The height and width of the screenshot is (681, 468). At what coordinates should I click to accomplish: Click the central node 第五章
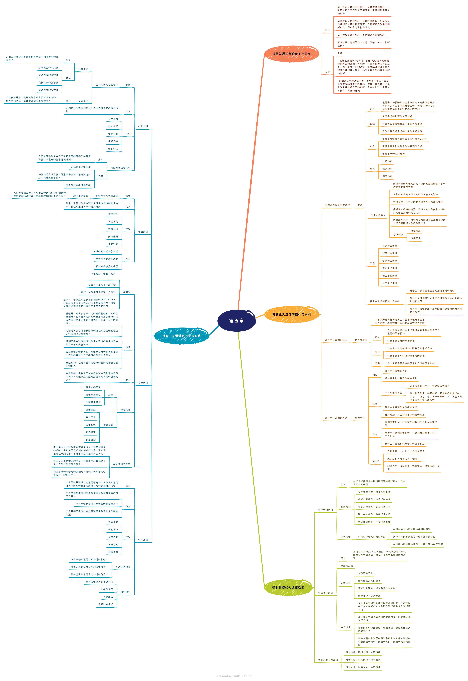click(x=236, y=321)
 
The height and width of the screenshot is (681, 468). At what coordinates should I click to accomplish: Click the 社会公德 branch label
click(x=143, y=126)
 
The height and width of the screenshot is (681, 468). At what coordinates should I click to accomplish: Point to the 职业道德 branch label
click(x=143, y=232)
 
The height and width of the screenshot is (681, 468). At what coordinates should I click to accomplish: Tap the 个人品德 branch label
click(x=143, y=540)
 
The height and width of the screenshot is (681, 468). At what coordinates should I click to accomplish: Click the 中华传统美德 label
click(x=326, y=510)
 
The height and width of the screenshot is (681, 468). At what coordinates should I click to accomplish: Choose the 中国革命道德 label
click(x=326, y=593)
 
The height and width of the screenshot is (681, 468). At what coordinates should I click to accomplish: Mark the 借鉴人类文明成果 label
click(x=328, y=660)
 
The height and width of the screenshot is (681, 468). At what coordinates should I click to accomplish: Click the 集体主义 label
click(x=359, y=418)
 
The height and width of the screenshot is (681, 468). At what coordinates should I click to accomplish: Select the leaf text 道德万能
click(x=415, y=231)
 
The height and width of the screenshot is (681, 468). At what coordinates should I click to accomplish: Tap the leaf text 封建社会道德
click(x=389, y=261)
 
